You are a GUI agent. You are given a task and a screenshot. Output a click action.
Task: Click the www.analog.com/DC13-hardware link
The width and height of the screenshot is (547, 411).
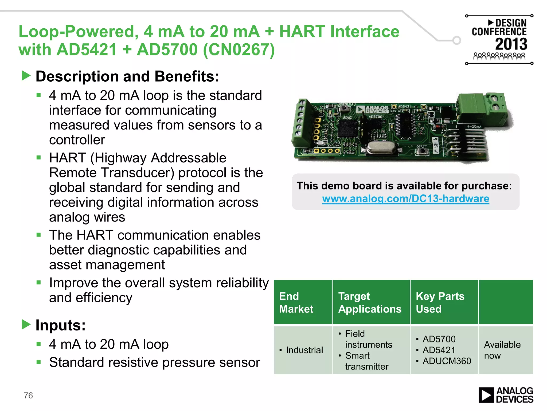[x=405, y=199]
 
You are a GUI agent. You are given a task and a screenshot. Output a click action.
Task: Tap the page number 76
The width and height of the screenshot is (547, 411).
[x=28, y=395]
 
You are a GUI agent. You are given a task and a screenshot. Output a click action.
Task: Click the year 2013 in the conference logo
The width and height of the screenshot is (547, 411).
[x=511, y=44]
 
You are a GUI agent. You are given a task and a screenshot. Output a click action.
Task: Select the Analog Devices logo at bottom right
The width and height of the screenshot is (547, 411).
[x=506, y=395]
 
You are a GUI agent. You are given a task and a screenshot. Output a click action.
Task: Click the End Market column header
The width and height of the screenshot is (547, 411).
[x=296, y=302]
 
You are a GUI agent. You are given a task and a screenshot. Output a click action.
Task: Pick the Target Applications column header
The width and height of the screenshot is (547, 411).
[x=370, y=302]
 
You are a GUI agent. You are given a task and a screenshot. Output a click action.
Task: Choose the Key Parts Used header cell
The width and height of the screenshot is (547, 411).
[x=440, y=302]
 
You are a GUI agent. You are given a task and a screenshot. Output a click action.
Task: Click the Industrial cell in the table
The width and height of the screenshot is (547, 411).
[x=304, y=350]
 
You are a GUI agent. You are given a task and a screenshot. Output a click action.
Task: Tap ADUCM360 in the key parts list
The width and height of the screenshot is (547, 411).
[x=447, y=361]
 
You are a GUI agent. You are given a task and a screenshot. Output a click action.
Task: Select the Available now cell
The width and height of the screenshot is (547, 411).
[x=502, y=350]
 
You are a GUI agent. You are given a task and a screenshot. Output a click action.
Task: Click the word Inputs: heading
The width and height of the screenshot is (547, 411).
[x=61, y=325]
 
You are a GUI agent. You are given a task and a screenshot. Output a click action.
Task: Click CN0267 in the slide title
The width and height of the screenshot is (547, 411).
[x=239, y=50]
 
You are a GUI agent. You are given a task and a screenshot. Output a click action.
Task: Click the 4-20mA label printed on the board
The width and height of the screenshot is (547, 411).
[x=474, y=127]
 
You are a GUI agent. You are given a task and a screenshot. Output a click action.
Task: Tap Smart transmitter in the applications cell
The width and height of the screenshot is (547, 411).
[x=366, y=361]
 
